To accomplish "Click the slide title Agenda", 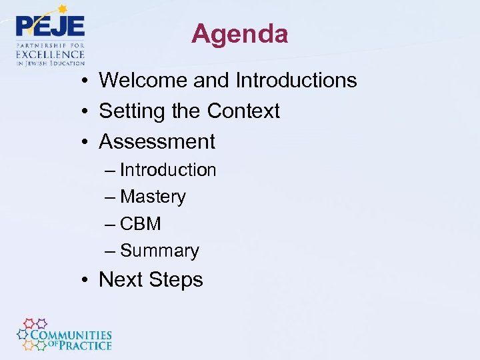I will coord(239,34).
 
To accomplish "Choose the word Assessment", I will coord(157,141).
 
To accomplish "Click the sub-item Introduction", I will coord(168,171).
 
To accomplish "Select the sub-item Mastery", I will coord(153,197).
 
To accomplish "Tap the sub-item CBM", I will coord(141,224).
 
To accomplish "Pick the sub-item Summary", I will coord(160,251).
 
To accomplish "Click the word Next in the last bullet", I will coord(121,280).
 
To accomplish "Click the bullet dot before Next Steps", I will coord(87,281).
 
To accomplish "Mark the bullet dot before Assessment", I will coord(87,142).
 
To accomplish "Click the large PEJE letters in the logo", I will coord(51,27).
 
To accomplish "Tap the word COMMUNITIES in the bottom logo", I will coord(71,335).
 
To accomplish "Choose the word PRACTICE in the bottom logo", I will coord(85,345).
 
